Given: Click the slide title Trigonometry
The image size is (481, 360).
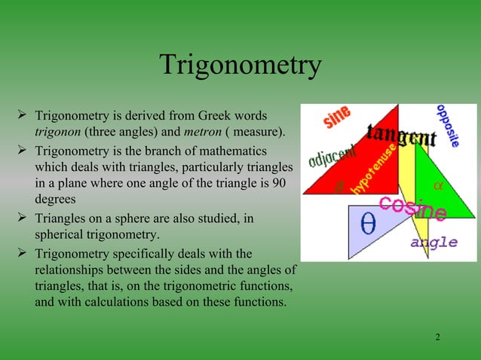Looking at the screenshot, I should point(240,66).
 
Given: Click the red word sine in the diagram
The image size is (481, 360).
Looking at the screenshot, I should point(336,117).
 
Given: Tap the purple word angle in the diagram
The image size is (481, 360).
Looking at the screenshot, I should point(434,242).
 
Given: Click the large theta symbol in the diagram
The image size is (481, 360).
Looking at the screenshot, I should point(369,226).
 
